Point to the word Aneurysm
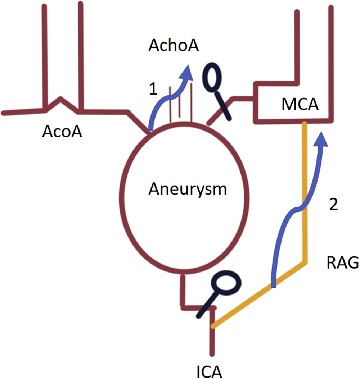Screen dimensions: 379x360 tap(188, 189)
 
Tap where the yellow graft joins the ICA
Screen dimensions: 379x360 tap(213, 326)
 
